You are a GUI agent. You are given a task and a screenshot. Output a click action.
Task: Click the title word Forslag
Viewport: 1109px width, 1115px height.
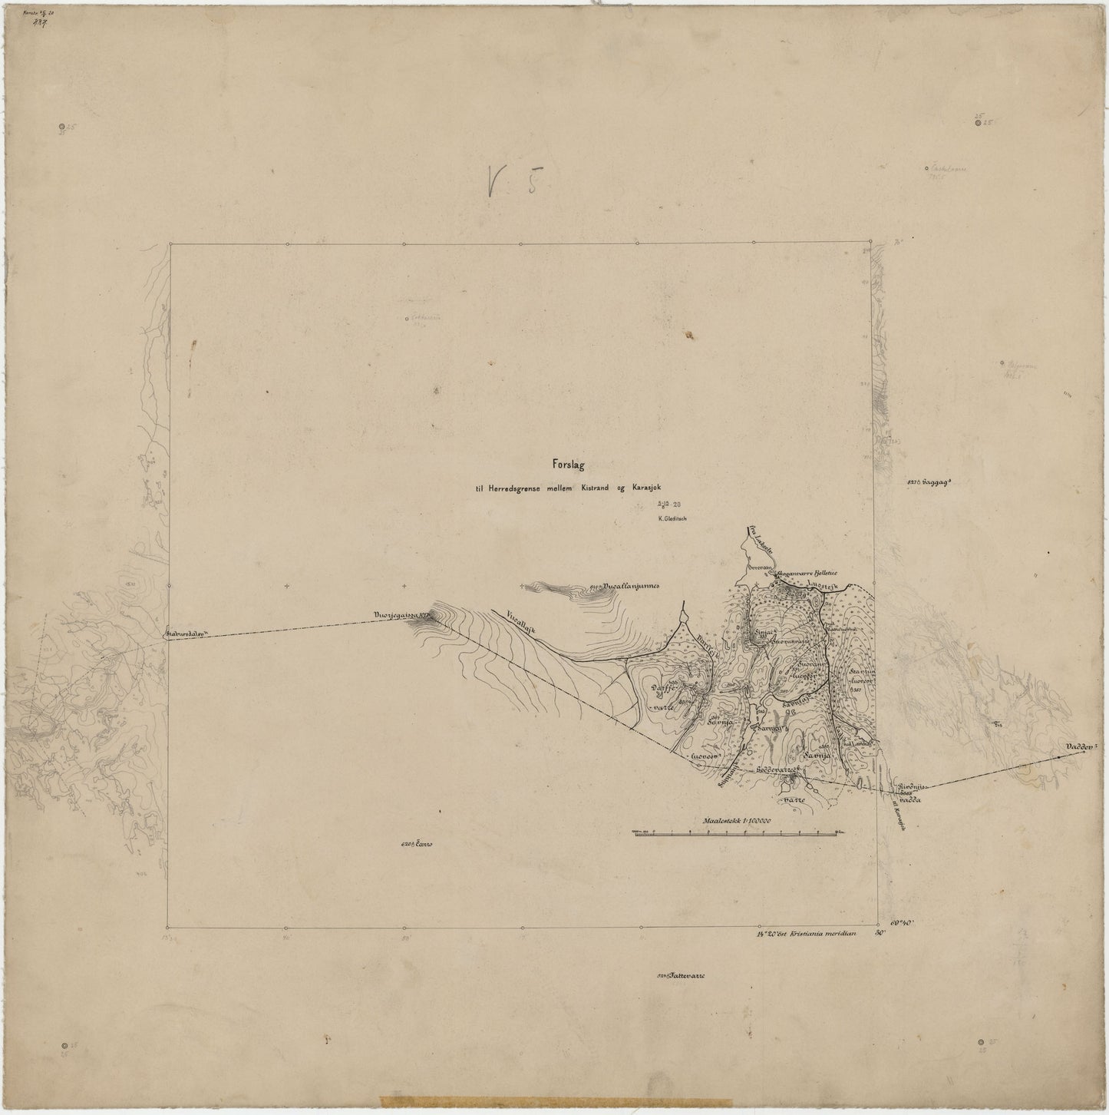point(568,463)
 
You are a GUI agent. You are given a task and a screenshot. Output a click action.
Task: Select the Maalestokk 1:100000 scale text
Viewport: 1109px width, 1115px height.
point(735,820)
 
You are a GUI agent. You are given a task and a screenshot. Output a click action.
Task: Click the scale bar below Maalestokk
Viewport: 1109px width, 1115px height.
point(735,832)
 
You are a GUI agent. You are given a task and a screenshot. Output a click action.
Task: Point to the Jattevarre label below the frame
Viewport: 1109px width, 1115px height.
point(683,976)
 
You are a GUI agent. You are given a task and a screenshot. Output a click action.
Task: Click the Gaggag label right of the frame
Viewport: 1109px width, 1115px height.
point(929,483)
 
